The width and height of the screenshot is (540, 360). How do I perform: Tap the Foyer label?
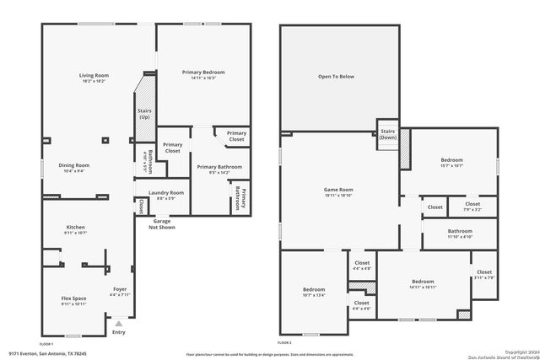point(119,292)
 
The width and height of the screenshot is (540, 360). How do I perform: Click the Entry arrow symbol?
point(119,322)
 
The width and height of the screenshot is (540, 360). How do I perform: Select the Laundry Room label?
point(159,195)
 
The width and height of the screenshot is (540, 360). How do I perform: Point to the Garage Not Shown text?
point(162,223)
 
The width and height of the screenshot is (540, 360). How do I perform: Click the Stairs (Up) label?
point(143,113)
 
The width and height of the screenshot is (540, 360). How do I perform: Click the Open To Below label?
point(338,77)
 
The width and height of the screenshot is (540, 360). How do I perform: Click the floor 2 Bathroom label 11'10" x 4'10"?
point(460,234)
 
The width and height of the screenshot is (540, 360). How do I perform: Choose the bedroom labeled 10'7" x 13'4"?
point(313,292)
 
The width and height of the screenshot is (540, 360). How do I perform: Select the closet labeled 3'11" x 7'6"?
point(484,274)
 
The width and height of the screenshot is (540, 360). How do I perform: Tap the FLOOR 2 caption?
point(285,343)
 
